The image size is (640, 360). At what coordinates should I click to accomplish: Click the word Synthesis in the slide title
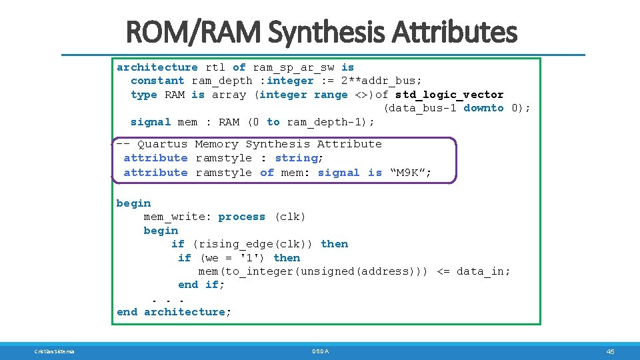334,32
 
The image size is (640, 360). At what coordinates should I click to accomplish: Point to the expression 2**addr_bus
381,81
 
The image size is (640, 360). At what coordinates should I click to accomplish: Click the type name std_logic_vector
449,95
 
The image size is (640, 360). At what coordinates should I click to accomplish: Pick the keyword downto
483,108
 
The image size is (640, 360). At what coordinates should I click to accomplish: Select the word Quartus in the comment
163,144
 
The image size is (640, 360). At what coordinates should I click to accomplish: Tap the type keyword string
297,158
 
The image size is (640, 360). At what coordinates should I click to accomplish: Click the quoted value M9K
409,173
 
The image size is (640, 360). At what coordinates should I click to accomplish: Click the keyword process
241,217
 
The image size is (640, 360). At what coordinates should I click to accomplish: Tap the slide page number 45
610,351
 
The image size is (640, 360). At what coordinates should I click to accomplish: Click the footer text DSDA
321,351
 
